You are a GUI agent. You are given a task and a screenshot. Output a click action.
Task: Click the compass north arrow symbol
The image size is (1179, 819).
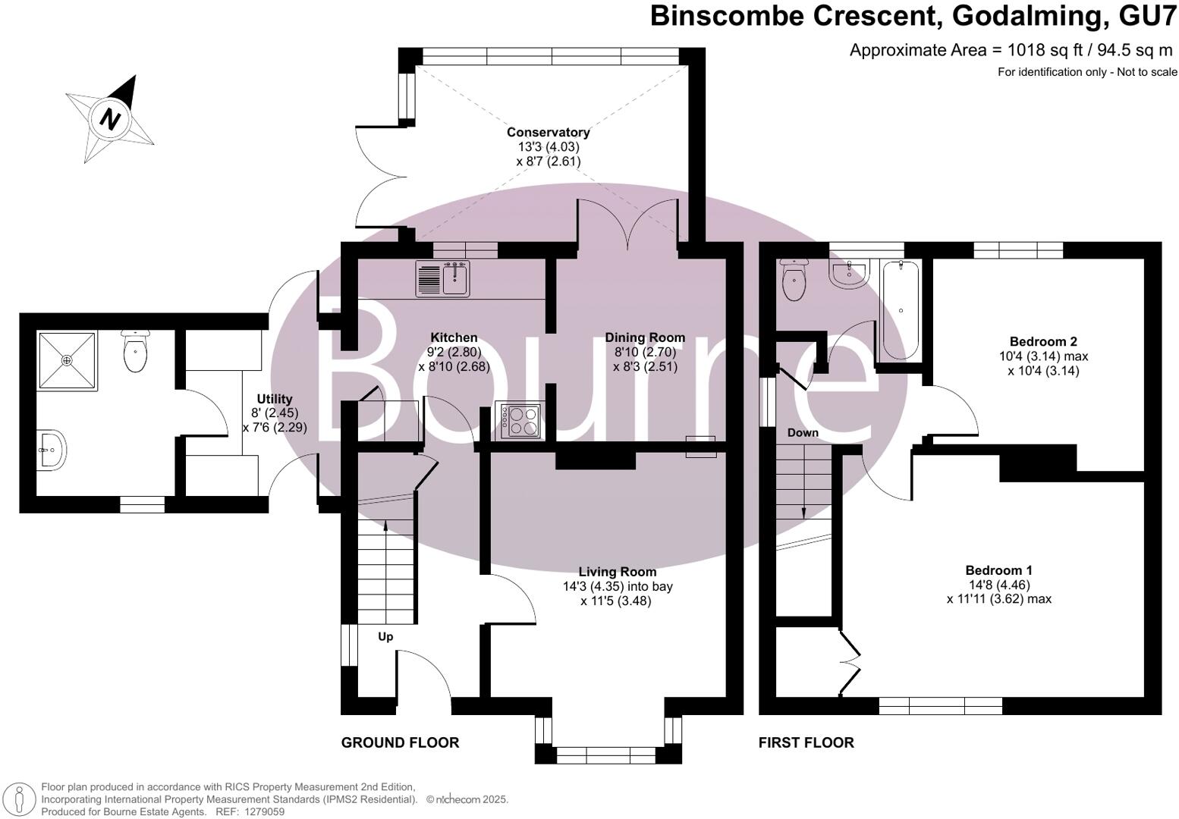[112, 118]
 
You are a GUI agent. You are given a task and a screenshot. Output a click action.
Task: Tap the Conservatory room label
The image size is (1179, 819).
[548, 133]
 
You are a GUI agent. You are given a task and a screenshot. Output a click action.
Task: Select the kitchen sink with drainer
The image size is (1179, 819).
[443, 278]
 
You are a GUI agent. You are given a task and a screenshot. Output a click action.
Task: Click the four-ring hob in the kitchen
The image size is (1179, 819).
[518, 420]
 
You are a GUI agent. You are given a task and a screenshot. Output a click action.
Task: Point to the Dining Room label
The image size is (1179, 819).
[644, 338]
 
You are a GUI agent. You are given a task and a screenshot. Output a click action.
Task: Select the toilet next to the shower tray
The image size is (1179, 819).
[135, 352]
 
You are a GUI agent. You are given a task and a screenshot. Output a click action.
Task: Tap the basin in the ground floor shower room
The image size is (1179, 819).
[52, 449]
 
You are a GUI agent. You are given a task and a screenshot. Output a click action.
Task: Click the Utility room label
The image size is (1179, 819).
[274, 399]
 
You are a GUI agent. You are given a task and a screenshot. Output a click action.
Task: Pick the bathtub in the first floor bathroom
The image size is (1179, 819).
[900, 309]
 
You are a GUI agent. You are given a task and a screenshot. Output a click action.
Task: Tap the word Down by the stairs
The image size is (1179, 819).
[803, 432]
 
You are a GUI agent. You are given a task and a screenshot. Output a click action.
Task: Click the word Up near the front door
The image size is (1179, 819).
[385, 637]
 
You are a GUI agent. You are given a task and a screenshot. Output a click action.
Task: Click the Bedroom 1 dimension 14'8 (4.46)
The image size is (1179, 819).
[998, 585]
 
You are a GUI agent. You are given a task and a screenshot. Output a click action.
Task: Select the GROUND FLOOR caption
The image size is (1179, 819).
[400, 742]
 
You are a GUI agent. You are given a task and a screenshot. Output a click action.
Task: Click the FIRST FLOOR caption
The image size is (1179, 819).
[806, 742]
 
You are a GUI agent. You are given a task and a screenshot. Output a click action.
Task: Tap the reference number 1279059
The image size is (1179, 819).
[261, 811]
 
